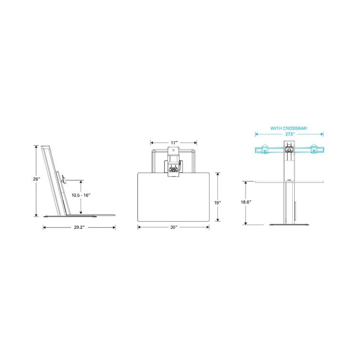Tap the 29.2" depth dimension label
point(79,227)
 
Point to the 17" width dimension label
point(174,142)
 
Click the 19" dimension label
point(217,203)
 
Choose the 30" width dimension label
point(174,227)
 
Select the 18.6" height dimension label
point(247,202)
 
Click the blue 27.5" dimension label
point(289,134)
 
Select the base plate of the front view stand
point(289,224)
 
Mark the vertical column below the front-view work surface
point(289,202)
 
